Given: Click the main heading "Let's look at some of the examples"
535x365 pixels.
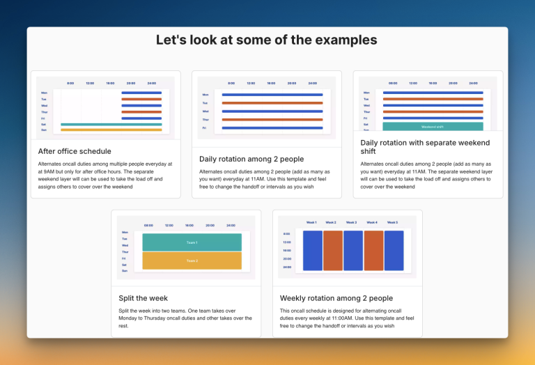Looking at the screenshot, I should [267, 40].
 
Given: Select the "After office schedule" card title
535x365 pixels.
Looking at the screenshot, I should [75, 151].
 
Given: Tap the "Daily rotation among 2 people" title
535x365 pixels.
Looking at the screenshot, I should [251, 159].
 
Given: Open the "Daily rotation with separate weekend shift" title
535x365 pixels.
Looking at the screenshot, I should [425, 147].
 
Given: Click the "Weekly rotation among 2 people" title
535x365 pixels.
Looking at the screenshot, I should [336, 298].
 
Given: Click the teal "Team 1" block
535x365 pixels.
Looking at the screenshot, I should [192, 242].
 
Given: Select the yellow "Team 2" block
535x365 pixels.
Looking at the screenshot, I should [192, 261].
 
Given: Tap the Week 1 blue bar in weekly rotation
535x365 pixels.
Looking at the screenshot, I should [313, 251].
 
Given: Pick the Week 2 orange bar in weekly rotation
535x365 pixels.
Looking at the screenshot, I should [333, 251].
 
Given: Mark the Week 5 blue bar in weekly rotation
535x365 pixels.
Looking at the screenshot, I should [394, 251].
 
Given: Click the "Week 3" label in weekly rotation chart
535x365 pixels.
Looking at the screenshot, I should [352, 223].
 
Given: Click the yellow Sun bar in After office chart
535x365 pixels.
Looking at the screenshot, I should [111, 130].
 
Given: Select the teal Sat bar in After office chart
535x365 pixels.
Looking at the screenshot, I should [111, 125].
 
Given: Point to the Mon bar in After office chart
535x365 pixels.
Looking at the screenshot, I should [141, 93].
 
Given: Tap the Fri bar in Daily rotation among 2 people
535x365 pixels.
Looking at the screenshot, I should [272, 128].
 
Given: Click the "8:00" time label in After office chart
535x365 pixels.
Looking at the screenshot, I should [70, 83].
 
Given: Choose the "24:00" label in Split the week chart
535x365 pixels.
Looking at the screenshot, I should [231, 226].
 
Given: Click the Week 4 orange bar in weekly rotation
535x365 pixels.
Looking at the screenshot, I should [373, 251].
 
